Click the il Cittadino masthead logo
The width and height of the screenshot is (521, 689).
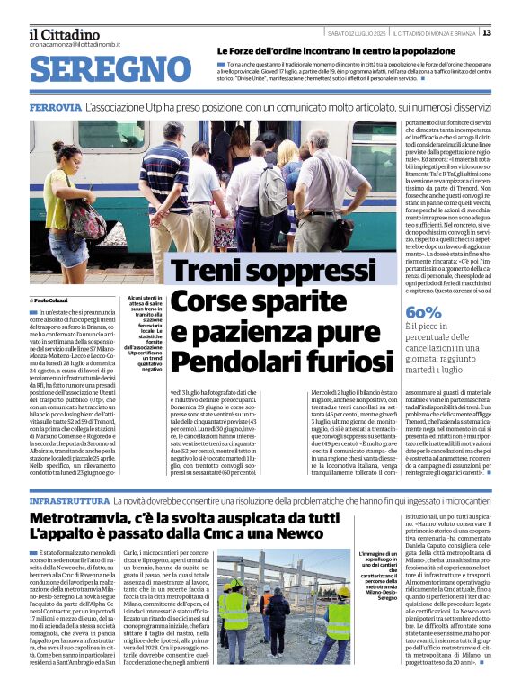[64, 34]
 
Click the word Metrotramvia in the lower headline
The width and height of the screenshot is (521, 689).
[85, 519]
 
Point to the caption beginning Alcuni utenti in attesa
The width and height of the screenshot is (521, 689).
[145, 333]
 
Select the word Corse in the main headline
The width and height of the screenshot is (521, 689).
[208, 301]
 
